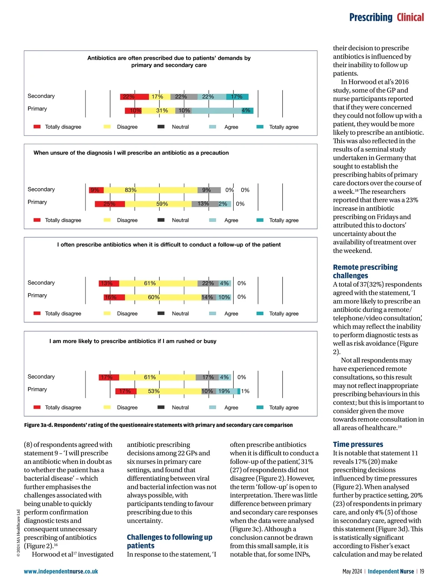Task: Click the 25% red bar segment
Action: click(109, 204)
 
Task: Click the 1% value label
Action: click(245, 391)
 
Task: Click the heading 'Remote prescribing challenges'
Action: click(365, 271)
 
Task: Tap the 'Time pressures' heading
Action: click(358, 444)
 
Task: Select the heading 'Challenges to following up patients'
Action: click(169, 541)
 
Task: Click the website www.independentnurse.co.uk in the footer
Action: click(61, 571)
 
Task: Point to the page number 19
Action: click(421, 571)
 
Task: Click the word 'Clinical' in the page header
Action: click(410, 18)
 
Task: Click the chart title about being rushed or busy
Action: click(133, 341)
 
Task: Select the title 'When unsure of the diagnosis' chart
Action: click(131, 153)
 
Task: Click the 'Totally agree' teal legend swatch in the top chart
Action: click(260, 127)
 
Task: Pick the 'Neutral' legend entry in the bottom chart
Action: click(180, 408)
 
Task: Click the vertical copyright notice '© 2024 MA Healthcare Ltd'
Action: click(19, 533)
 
